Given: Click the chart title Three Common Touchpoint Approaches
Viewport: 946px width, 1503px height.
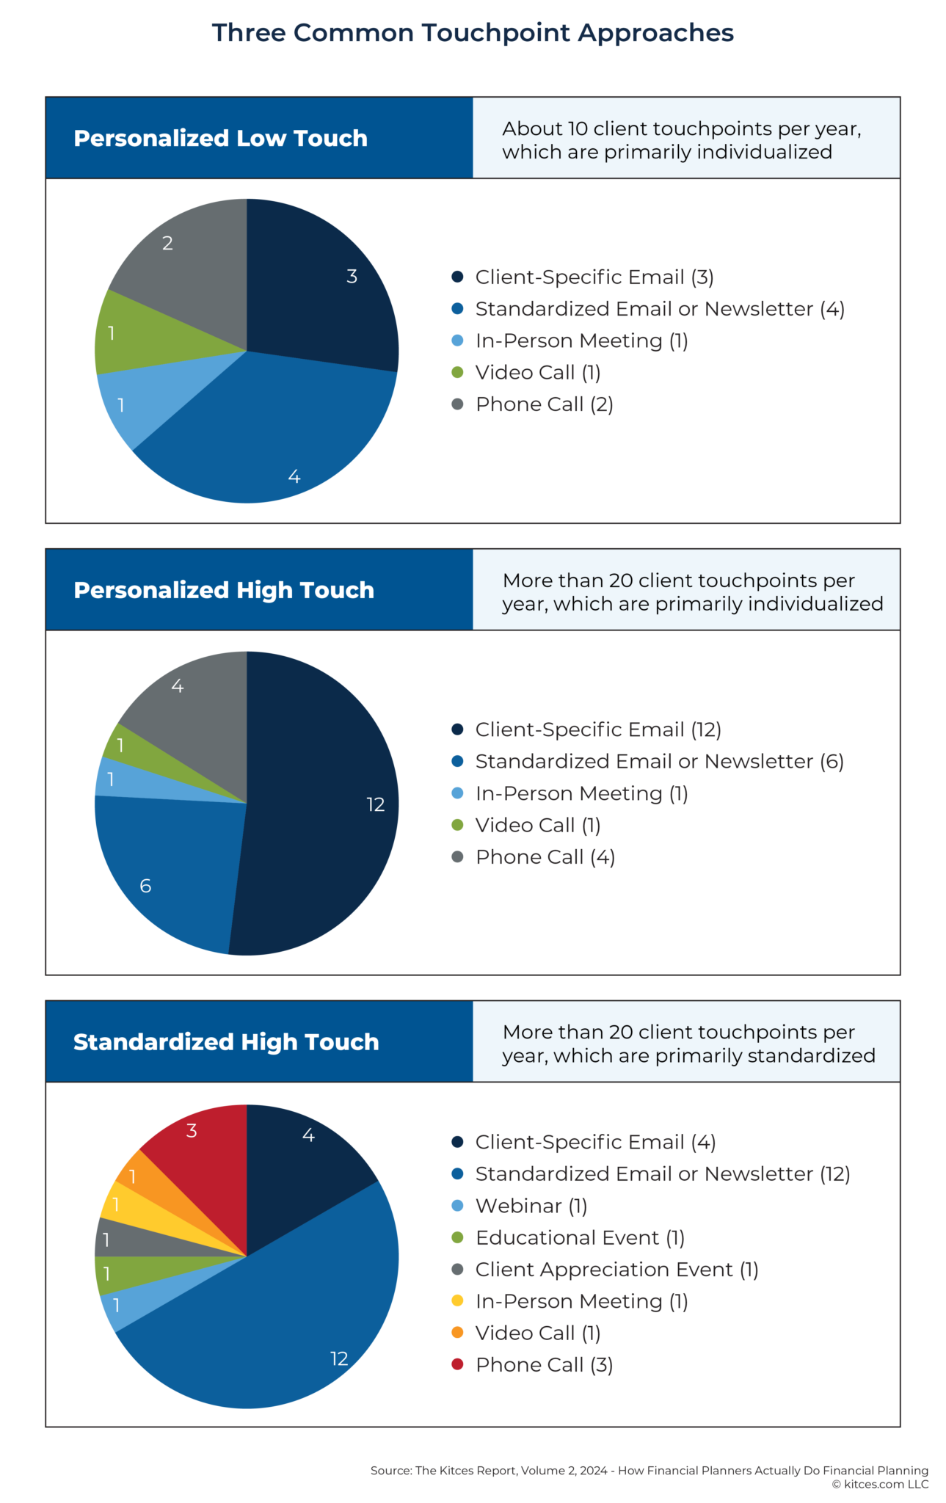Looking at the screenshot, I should [x=473, y=33].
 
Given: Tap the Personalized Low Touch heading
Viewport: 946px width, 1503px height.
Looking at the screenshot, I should [x=220, y=138].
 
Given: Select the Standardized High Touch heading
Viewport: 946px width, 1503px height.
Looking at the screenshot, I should [x=226, y=1041].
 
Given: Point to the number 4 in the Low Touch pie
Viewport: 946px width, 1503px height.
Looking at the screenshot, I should [x=294, y=477].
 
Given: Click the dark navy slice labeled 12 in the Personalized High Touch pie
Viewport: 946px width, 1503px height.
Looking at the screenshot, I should [x=330, y=807].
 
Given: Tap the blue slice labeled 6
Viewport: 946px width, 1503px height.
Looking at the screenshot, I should [x=169, y=866].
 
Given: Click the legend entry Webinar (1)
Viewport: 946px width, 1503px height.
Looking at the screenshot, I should [x=531, y=1206].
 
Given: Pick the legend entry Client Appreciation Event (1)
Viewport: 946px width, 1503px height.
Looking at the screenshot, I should [x=616, y=1270].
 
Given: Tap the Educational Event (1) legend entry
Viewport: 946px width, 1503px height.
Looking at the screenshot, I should [x=580, y=1237].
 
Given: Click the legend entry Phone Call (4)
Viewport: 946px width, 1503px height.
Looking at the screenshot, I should [x=545, y=856].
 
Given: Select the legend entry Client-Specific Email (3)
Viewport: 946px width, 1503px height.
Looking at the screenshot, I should [x=594, y=277].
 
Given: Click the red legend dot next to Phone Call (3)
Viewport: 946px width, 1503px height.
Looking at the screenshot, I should [x=457, y=1364].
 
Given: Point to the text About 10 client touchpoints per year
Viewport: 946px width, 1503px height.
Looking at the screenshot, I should [x=681, y=128].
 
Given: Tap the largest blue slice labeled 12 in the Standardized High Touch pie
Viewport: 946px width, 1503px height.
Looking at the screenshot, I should [x=294, y=1321].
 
